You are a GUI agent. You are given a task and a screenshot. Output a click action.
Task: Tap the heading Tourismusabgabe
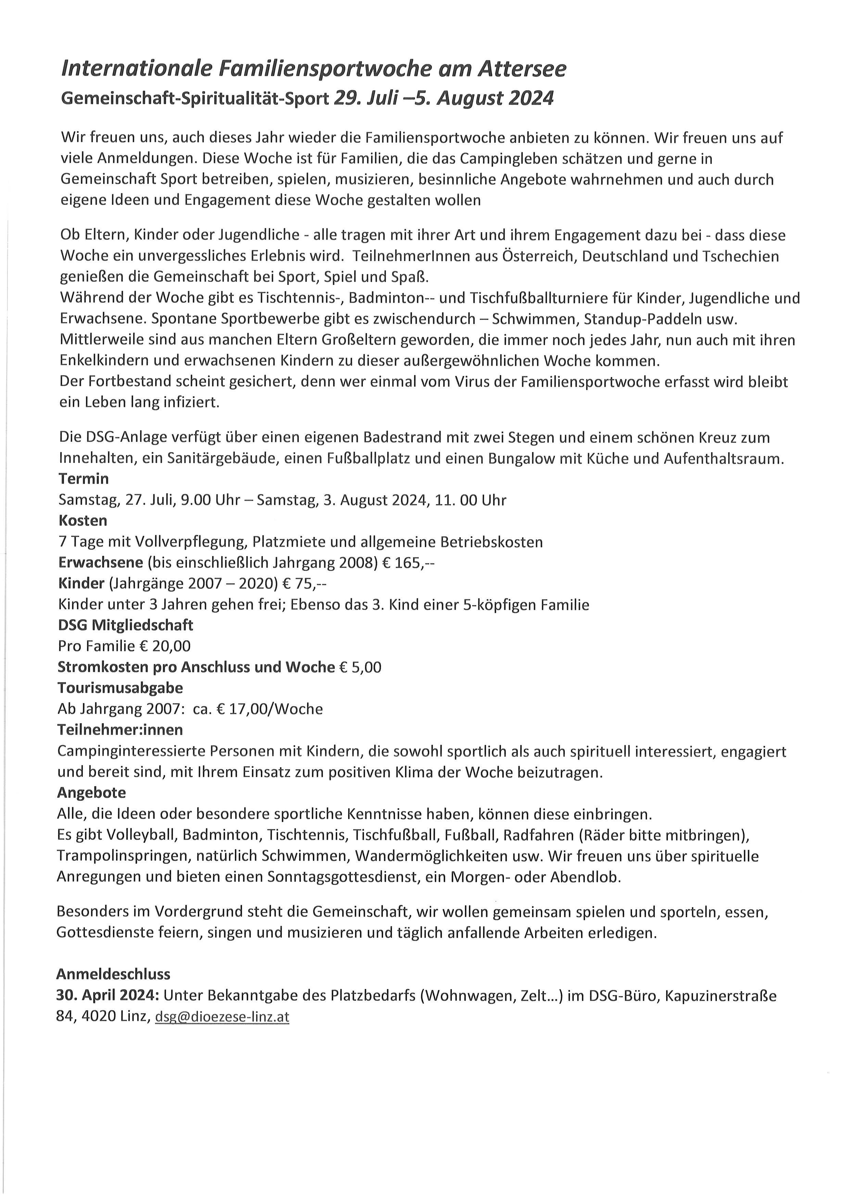click(x=120, y=688)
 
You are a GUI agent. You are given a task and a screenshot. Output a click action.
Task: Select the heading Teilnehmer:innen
click(x=120, y=730)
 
